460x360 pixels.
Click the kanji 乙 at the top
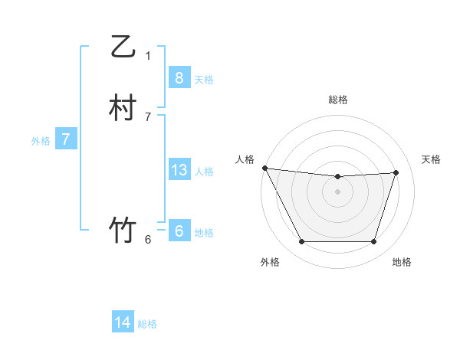123,47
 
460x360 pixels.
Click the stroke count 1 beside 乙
148,55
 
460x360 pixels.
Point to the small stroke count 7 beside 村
148,116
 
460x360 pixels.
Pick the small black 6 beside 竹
148,239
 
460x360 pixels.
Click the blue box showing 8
179,78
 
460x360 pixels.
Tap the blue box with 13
179,170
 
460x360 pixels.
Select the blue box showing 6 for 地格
179,231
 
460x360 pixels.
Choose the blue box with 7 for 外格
66,139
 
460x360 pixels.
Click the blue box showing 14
123,322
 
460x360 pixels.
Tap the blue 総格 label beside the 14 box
147,324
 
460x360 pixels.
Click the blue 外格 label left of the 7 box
41,141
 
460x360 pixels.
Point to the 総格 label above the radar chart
338,100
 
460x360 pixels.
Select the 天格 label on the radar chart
432,159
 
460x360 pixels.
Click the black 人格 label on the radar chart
245,159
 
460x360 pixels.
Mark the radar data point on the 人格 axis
264,168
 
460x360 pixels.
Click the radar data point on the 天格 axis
396,172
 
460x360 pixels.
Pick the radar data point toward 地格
374,242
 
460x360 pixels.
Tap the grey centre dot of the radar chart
338,191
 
